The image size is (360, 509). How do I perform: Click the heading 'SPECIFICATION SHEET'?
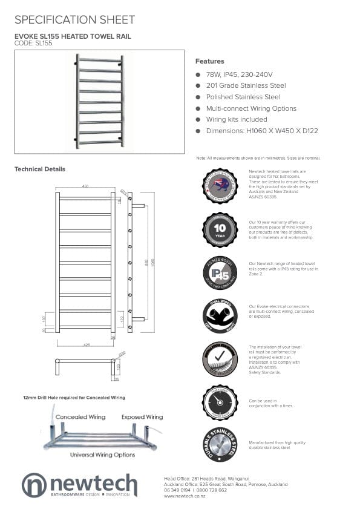click(74, 20)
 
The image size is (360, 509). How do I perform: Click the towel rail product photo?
click(99, 101)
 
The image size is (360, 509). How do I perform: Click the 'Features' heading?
click(209, 61)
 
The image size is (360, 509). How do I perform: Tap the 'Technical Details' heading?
click(40, 169)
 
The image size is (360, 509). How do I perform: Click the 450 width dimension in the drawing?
click(85, 186)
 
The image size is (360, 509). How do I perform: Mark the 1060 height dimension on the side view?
click(154, 263)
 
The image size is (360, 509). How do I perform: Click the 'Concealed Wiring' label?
click(80, 417)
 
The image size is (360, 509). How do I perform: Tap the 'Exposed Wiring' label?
click(142, 417)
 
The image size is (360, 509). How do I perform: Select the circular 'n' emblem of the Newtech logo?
click(34, 485)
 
